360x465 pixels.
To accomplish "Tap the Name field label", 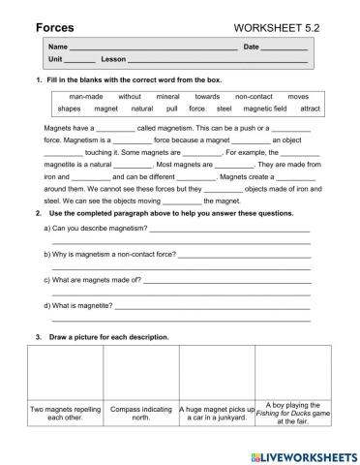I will [57, 47].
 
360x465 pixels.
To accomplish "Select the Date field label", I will [251, 47].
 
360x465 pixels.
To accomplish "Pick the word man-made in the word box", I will [86, 97].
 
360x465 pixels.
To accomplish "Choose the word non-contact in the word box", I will [255, 97].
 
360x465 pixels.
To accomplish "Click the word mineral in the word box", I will [167, 97].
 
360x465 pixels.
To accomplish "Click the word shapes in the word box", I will [69, 109].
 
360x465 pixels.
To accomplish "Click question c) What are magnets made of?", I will [93, 280].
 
